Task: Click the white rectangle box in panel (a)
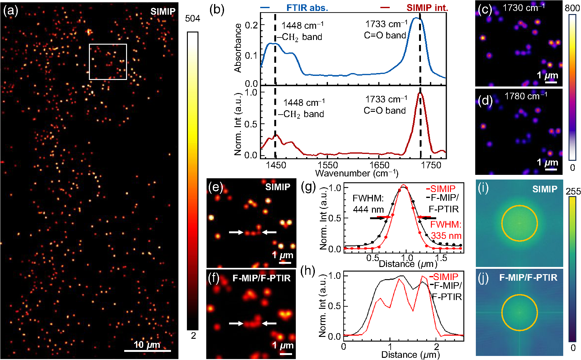[x=108, y=45]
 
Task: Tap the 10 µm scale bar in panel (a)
[x=147, y=351]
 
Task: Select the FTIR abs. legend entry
[x=307, y=8]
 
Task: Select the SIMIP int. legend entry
[x=427, y=8]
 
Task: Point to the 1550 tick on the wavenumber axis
[x=328, y=165]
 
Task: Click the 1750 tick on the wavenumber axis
[x=431, y=165]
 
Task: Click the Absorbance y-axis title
[x=238, y=48]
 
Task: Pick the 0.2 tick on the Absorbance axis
[x=251, y=25]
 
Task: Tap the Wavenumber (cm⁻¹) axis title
[x=357, y=173]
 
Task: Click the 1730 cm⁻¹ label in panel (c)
[x=524, y=7]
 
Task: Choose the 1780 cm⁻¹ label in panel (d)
[x=526, y=96]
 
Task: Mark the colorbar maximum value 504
[x=193, y=19]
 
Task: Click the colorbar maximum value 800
[x=572, y=8]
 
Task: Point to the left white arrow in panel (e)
[x=236, y=232]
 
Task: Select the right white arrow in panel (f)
[x=269, y=323]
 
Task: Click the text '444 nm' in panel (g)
[x=368, y=209]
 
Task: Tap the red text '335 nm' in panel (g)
[x=446, y=236]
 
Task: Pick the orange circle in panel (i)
[x=520, y=206]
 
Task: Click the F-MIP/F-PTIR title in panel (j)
[x=528, y=278]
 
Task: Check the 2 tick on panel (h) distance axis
[x=436, y=346]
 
